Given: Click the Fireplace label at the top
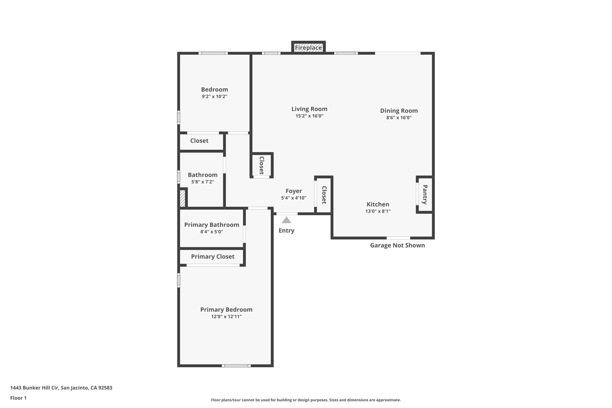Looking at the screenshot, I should pos(308,48).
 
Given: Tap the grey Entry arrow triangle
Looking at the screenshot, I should pos(286,220).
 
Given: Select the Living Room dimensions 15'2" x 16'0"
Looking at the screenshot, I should pos(309,116).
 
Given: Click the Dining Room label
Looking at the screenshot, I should pos(399,111).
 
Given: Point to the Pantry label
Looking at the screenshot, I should pos(425,195).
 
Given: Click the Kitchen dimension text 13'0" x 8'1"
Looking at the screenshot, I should pos(378,211).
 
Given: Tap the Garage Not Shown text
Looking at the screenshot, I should pos(397,245).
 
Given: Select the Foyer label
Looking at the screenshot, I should pos(294,191).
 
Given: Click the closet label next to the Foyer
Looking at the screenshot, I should pos(324,195).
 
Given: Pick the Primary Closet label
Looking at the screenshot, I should pos(212,256).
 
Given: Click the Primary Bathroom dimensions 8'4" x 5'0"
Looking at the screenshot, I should pos(212,232).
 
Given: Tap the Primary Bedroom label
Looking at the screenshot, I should pos(226,310).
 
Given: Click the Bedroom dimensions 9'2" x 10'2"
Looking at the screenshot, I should pos(214,97).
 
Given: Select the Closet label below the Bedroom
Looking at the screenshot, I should pos(199,141).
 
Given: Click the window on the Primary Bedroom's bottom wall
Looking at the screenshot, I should pos(236,366).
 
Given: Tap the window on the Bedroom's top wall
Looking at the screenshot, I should pos(213,53).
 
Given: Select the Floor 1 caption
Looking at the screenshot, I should pos(18,398).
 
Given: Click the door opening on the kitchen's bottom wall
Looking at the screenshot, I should pos(398,238).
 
